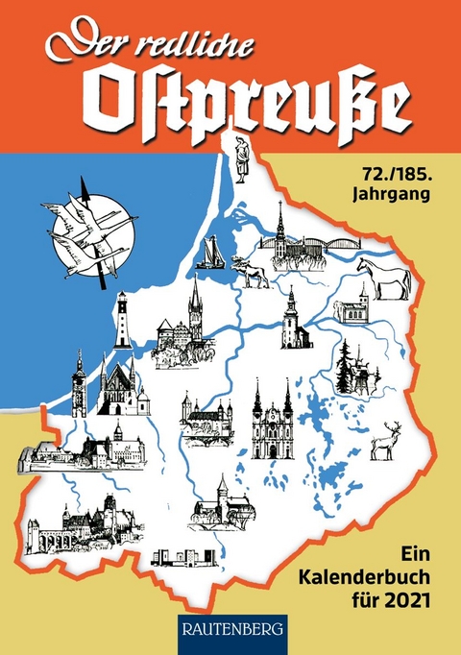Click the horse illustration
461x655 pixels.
(384, 276)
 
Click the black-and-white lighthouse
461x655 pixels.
(122, 322)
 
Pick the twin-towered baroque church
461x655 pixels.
(272, 422)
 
